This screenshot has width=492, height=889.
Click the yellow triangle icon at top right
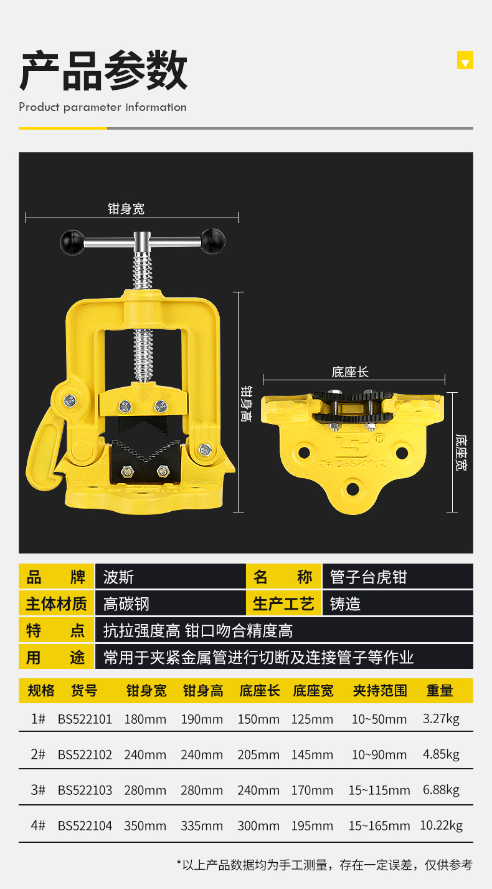coord(465,60)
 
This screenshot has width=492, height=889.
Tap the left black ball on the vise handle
coord(72,242)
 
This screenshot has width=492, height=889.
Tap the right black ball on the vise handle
coord(213,241)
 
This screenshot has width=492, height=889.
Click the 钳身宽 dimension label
coord(126,209)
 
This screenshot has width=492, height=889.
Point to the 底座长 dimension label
coord(350,372)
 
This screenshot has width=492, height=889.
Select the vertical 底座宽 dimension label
coord(461,453)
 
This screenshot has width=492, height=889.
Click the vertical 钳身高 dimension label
coord(246,403)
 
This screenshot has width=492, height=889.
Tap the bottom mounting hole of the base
coord(352,488)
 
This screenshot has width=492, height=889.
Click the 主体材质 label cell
coord(56,603)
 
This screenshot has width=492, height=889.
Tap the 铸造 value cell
coord(345,604)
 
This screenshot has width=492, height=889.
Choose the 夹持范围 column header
coord(380,691)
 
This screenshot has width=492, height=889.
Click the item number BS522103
coord(85,790)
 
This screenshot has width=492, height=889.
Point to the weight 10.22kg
coord(442,825)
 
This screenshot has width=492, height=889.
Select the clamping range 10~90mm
coord(379,754)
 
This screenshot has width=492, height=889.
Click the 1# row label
coord(38,719)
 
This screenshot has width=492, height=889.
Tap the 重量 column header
coord(440,691)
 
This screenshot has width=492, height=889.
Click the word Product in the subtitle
coord(39,107)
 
